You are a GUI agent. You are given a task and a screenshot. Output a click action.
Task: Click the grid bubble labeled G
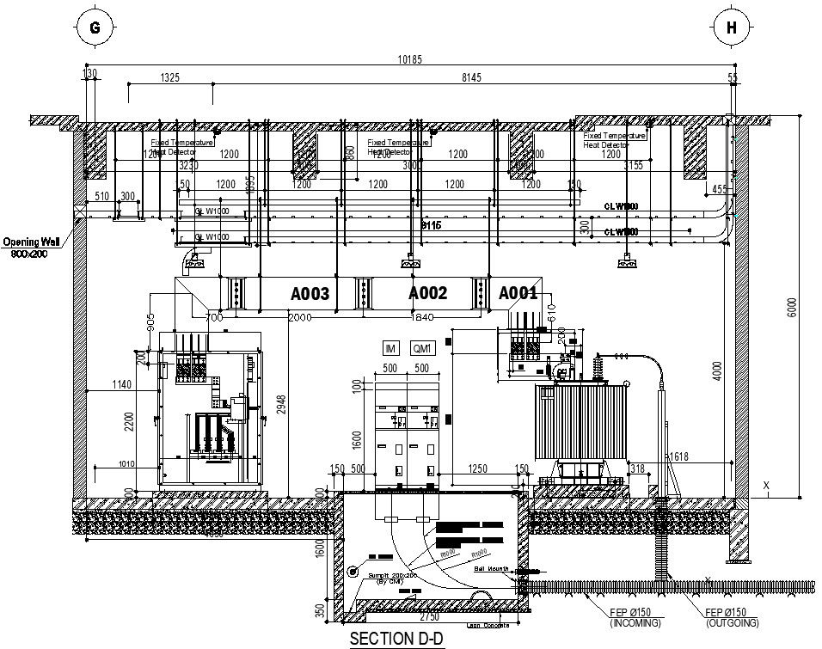pos(95,28)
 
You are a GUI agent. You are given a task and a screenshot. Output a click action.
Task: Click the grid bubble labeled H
pos(732,28)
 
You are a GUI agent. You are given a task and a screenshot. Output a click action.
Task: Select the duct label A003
pos(310,294)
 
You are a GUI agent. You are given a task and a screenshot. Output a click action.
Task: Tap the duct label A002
pos(427,293)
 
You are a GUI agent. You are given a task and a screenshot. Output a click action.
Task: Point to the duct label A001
pos(518,293)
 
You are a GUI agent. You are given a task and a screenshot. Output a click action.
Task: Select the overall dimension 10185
pos(409,60)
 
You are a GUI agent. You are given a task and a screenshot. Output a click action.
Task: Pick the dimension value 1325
pos(169,78)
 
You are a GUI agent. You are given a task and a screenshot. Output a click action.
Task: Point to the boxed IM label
pos(391,348)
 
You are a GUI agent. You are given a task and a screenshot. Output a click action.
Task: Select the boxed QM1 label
pos(422,348)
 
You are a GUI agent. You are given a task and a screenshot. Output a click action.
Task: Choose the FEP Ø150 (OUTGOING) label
pos(732,617)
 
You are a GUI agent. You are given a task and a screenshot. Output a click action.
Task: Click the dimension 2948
pos(281,398)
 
